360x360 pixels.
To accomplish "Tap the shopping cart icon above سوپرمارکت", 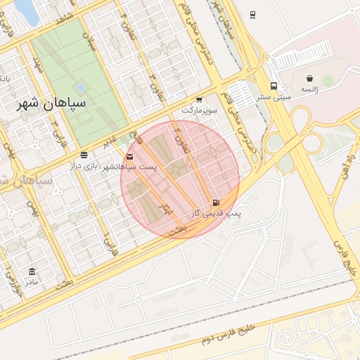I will (200, 100).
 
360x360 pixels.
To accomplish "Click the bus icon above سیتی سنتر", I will (274, 86).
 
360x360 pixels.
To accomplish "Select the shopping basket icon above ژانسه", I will (309, 78).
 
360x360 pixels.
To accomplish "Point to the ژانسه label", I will (309, 89).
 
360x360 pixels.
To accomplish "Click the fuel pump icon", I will (215, 203).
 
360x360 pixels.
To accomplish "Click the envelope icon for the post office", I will (129, 156).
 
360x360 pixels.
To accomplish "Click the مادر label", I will (32, 282).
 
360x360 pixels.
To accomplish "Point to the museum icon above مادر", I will (32, 271).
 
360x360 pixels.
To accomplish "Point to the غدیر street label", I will (110, 141).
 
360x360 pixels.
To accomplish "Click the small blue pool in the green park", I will (80, 87).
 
